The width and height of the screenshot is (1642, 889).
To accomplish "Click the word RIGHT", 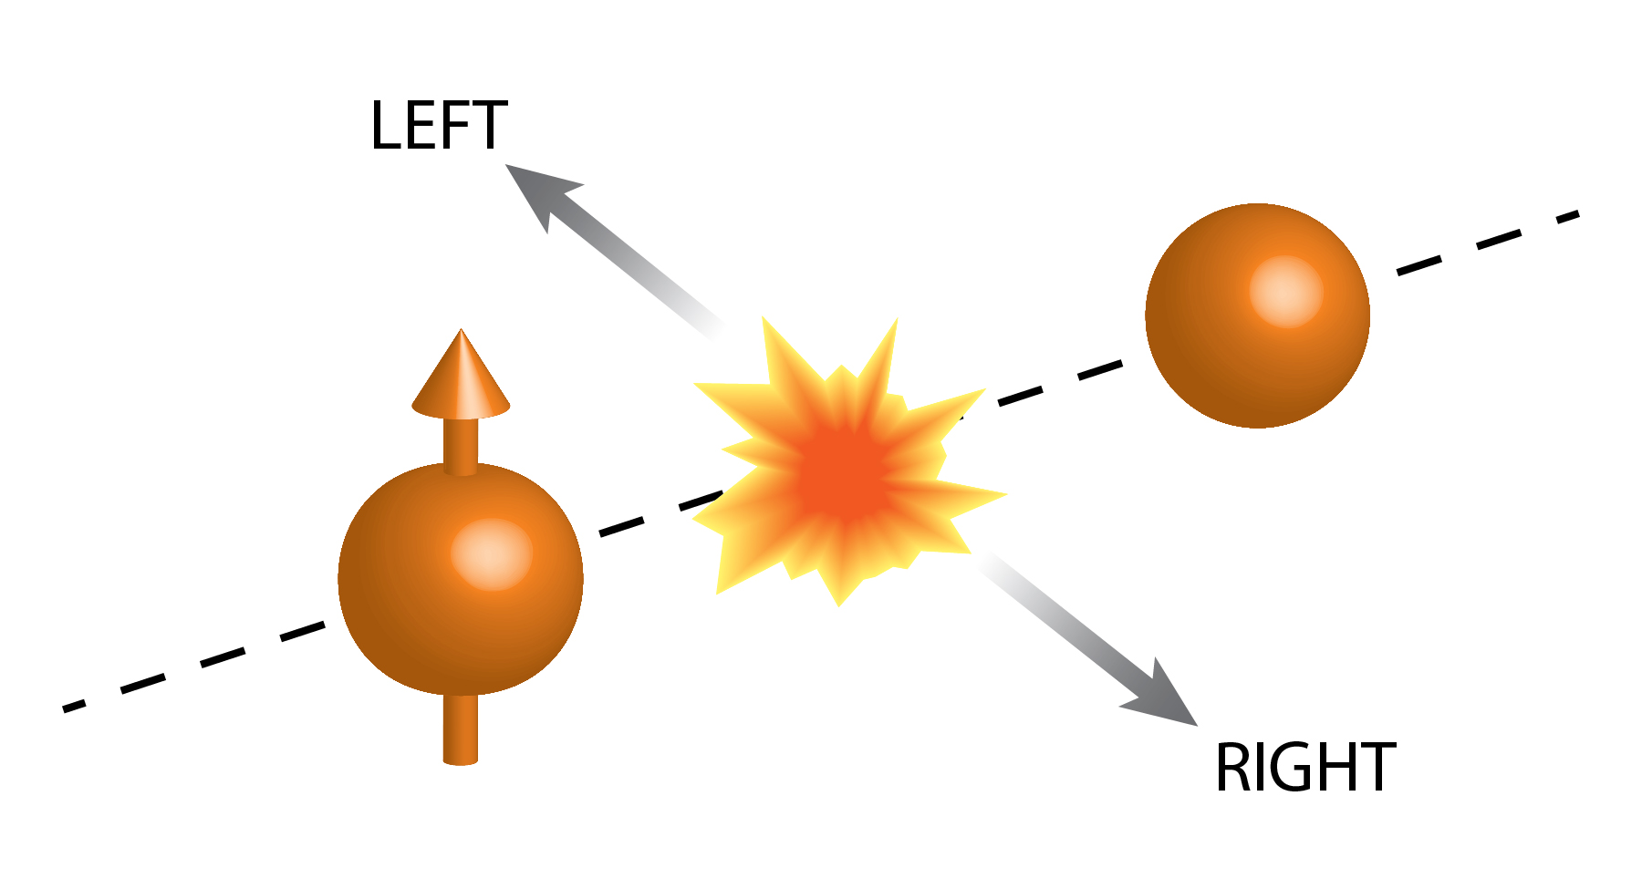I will [x=1304, y=768].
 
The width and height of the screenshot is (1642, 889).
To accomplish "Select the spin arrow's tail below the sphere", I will [x=461, y=729].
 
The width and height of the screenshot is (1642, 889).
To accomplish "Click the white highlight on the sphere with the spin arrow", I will [x=492, y=554].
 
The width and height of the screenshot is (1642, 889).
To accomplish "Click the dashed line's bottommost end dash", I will [x=75, y=706].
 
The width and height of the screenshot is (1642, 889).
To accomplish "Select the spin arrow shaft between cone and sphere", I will [x=461, y=445].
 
